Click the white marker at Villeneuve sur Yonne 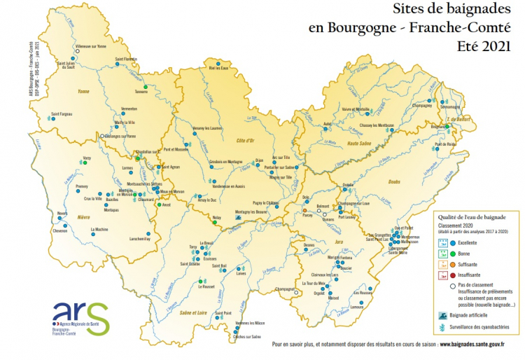(78, 50)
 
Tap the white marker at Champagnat (296, 293)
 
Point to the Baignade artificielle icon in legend (444, 315)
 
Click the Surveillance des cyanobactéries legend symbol (444, 328)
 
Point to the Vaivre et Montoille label (356, 109)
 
